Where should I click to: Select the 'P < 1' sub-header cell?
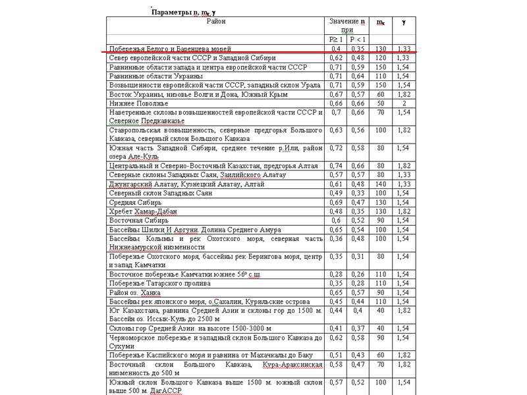[x=358, y=39]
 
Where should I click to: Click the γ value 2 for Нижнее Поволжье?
[x=404, y=103]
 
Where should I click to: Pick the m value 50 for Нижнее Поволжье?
[x=380, y=103]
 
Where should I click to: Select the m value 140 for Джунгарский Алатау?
[x=380, y=184]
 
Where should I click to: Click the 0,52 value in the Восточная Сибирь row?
[x=358, y=221]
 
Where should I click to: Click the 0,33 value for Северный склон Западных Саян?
[x=358, y=194]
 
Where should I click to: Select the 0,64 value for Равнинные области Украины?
[x=358, y=76]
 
